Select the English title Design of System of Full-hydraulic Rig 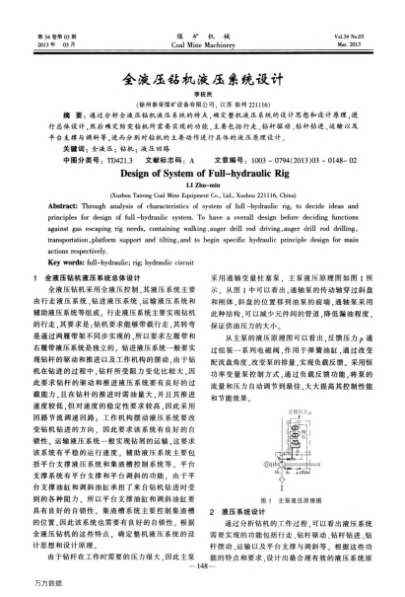[201, 170]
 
